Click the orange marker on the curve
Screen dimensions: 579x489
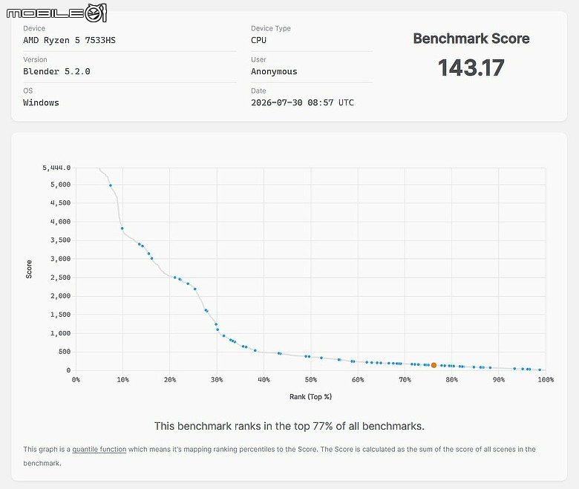(434, 365)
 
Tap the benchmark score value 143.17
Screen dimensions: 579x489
(471, 68)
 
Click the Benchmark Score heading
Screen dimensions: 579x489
(471, 39)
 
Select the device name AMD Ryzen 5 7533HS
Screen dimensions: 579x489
(70, 40)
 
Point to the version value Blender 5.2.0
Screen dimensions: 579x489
(56, 71)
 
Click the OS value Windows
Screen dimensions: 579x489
(41, 102)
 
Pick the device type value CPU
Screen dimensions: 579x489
(258, 40)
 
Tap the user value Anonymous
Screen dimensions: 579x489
(274, 71)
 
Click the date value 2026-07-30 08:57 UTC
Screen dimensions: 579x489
(302, 102)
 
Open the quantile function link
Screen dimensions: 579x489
(99, 449)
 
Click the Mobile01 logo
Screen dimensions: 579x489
(56, 13)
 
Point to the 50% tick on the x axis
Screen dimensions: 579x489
(310, 379)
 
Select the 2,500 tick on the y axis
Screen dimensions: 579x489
(61, 278)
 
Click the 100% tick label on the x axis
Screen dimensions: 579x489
(546, 379)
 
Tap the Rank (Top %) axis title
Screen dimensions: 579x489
(310, 397)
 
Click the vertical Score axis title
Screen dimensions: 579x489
(29, 269)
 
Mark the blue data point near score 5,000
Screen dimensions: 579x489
(111, 186)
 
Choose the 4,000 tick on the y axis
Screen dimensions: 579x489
(61, 222)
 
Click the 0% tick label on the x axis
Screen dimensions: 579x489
(76, 379)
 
